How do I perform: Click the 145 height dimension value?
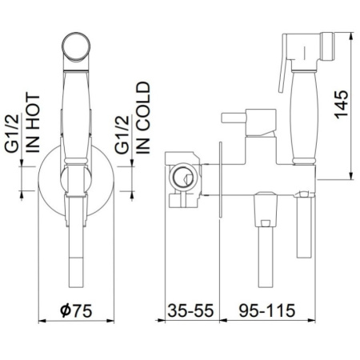click(x=341, y=105)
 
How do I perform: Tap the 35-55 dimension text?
click(x=190, y=310)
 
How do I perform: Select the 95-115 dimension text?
click(x=267, y=310)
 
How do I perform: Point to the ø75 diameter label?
click(x=76, y=310)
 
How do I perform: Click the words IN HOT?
click(x=33, y=123)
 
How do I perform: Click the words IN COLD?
click(x=143, y=118)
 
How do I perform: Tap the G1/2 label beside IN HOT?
click(x=12, y=134)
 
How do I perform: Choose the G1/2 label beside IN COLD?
click(x=122, y=134)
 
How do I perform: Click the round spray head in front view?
click(x=76, y=46)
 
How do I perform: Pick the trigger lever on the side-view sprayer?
click(x=282, y=76)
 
